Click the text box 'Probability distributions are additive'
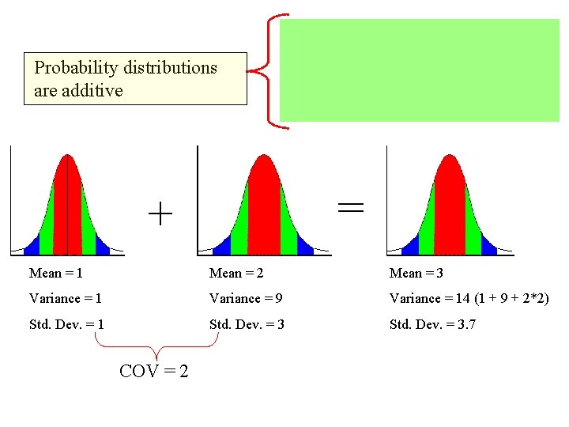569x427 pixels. pyautogui.click(x=135, y=79)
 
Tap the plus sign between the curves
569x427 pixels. pyautogui.click(x=160, y=213)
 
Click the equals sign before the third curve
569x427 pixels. pyautogui.click(x=351, y=207)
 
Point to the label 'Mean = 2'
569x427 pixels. pyautogui.click(x=236, y=273)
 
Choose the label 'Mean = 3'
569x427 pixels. pyautogui.click(x=416, y=273)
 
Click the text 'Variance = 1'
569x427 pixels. pyautogui.click(x=65, y=298)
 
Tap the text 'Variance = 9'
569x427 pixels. pyautogui.click(x=246, y=298)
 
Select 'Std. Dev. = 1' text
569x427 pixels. pyautogui.click(x=66, y=324)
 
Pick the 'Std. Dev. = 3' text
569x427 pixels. pyautogui.click(x=247, y=324)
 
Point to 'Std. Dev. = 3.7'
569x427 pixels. pyautogui.click(x=432, y=324)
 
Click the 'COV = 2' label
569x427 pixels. pyautogui.click(x=153, y=370)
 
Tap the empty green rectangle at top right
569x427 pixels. pyautogui.click(x=419, y=70)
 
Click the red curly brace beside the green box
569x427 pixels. pyautogui.click(x=269, y=71)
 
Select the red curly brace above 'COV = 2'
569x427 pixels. pyautogui.click(x=156, y=345)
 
